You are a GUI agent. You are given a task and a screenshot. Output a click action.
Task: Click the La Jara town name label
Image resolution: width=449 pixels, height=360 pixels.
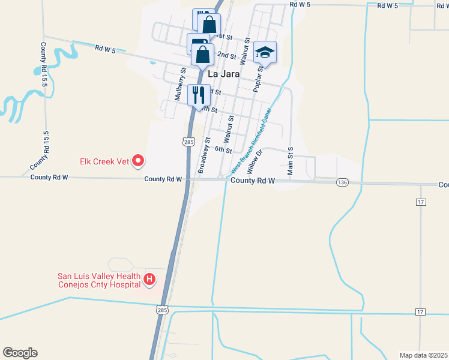[x=223, y=74]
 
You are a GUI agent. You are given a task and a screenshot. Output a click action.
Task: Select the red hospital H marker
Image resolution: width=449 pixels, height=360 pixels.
[x=149, y=280]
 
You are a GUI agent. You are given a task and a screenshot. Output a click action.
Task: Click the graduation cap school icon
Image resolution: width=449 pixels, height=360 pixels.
[x=265, y=53]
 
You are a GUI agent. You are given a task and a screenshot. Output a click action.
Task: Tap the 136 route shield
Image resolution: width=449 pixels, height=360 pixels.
[x=342, y=182]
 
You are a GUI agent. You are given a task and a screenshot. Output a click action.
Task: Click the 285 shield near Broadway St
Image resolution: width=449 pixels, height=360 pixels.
[x=188, y=142]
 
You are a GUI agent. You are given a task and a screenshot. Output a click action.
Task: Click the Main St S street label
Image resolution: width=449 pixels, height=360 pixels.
[x=291, y=160]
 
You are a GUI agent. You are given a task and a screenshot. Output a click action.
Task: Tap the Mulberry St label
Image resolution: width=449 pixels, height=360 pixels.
[x=179, y=83]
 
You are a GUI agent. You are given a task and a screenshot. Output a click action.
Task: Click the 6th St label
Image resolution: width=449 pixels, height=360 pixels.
[x=223, y=150]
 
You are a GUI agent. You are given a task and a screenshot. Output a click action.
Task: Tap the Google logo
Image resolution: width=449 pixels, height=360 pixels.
[x=20, y=353]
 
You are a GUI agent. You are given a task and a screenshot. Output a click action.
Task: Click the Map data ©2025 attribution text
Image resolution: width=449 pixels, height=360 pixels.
[x=423, y=355]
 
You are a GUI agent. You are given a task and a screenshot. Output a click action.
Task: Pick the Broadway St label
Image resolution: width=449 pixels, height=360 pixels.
[x=203, y=155]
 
